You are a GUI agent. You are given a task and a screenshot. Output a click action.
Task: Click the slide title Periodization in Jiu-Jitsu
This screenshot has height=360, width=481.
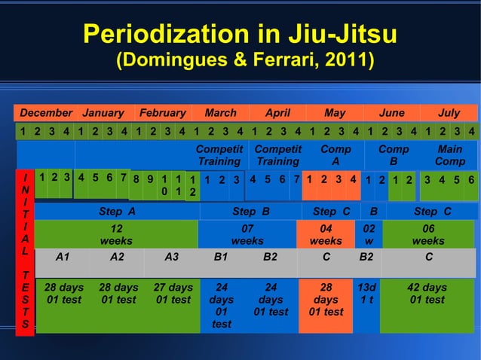tap(240, 34)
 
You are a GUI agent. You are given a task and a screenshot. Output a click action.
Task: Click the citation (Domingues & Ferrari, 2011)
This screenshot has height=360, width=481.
tap(245, 59)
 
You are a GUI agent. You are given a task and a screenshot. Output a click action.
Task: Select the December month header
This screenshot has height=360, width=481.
tap(46, 113)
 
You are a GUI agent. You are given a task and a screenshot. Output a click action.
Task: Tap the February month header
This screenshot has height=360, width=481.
tap(161, 113)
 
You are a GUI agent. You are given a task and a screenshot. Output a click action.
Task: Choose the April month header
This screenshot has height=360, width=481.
tap(277, 113)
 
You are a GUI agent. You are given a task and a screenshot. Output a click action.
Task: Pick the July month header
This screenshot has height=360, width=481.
tap(449, 113)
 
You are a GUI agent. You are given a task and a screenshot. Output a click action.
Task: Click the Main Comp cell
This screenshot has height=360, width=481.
tap(450, 155)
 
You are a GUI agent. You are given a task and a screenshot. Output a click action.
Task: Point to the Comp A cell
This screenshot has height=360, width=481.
tap(335, 155)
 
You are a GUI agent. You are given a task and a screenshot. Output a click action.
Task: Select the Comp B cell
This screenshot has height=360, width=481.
tap(393, 155)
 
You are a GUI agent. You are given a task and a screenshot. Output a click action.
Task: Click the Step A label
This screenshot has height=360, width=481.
tap(117, 211)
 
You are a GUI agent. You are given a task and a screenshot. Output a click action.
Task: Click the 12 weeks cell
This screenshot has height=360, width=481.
tap(116, 234)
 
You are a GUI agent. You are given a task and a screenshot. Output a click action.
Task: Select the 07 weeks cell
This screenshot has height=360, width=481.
tap(247, 234)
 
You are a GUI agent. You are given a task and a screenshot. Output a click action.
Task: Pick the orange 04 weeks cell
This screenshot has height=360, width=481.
tap(326, 234)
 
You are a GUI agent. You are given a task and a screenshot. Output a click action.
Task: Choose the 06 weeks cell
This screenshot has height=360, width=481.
tap(427, 234)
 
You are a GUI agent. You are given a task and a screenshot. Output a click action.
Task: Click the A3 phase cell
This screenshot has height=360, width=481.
tap(173, 256)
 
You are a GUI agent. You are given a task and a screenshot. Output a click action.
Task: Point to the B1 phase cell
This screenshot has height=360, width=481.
tap(221, 256)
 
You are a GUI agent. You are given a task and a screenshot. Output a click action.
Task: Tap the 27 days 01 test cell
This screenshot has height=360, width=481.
tap(173, 294)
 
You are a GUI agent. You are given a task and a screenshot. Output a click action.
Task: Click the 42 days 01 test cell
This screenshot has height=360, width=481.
tap(427, 294)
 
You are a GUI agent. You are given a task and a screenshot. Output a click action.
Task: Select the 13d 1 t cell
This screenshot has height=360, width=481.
tap(366, 294)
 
